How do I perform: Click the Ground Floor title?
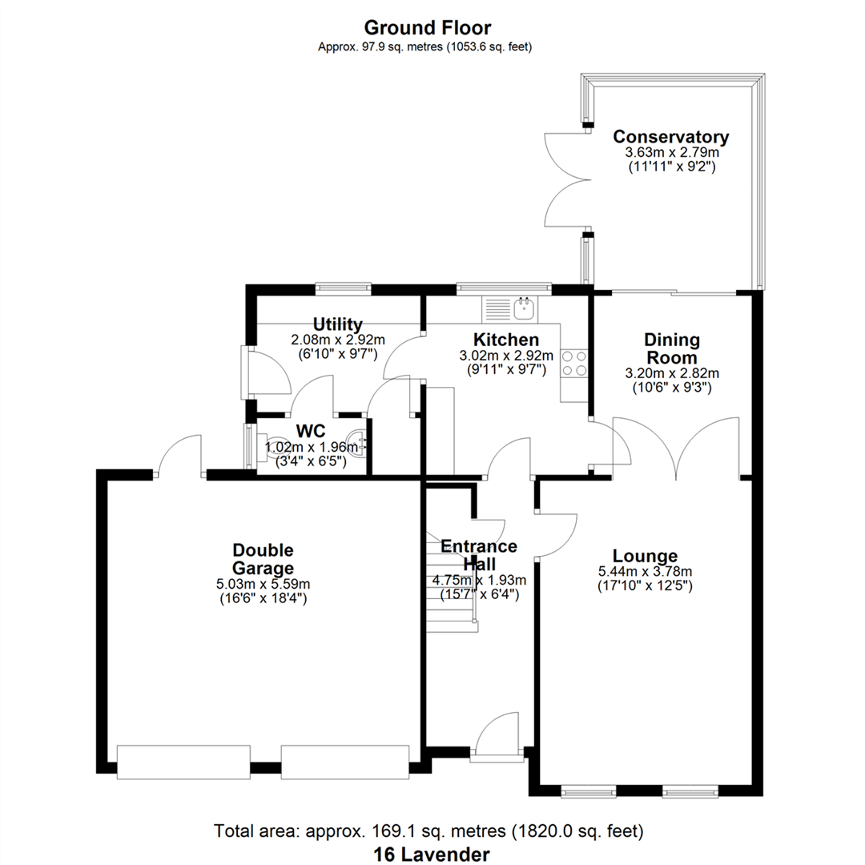click(428, 27)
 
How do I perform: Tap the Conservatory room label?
click(671, 137)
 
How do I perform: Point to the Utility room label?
click(338, 324)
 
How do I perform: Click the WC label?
click(311, 430)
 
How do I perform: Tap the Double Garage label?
click(263, 559)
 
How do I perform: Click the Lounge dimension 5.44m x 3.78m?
click(645, 572)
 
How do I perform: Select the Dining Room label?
click(672, 348)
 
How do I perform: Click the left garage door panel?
click(183, 762)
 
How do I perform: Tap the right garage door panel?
click(345, 762)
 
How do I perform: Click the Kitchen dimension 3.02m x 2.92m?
click(506, 356)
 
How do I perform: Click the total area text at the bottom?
click(428, 831)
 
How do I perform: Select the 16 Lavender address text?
click(432, 855)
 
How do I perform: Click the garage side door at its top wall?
click(179, 454)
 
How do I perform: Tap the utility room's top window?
click(343, 288)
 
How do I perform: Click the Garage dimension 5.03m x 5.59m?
click(264, 584)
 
